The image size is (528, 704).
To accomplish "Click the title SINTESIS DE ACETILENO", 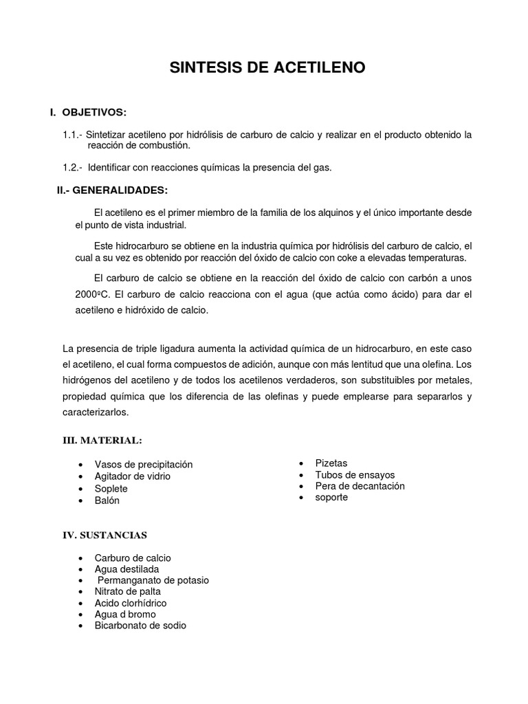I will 267,67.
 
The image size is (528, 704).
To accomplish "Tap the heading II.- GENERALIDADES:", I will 111,190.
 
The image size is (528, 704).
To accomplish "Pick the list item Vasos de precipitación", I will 143,464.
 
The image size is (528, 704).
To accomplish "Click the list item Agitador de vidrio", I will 132,476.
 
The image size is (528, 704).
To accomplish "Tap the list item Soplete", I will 111,488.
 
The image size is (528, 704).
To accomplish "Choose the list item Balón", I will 107,500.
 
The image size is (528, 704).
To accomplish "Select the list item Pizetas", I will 331,463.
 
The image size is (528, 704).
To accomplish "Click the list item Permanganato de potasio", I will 153,580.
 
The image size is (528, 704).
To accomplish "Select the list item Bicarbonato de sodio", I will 140,626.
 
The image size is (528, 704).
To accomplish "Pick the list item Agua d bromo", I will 125,614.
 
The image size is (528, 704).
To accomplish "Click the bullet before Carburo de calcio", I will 81,558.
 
